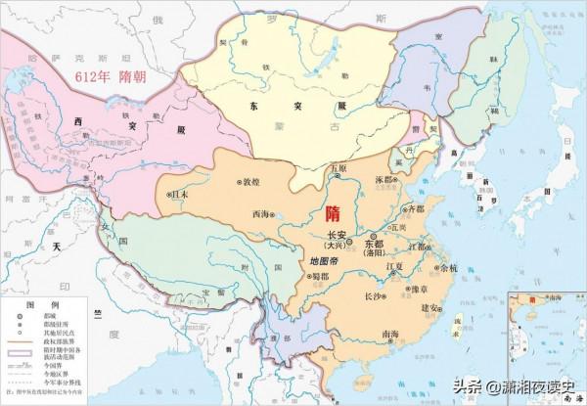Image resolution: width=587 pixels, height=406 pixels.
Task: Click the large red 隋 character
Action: click(x=332, y=213)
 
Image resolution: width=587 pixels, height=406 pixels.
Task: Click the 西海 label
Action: click(x=259, y=212)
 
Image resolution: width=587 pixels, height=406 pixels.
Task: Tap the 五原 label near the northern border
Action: click(x=339, y=168)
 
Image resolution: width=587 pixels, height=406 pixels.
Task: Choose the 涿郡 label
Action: click(x=386, y=180)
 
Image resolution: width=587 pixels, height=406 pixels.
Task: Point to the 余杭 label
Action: click(x=449, y=266)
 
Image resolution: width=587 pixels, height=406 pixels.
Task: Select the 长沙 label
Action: click(x=375, y=294)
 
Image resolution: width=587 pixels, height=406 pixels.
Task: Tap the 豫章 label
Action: click(x=421, y=289)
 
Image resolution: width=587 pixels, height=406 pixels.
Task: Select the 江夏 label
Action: click(x=395, y=265)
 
